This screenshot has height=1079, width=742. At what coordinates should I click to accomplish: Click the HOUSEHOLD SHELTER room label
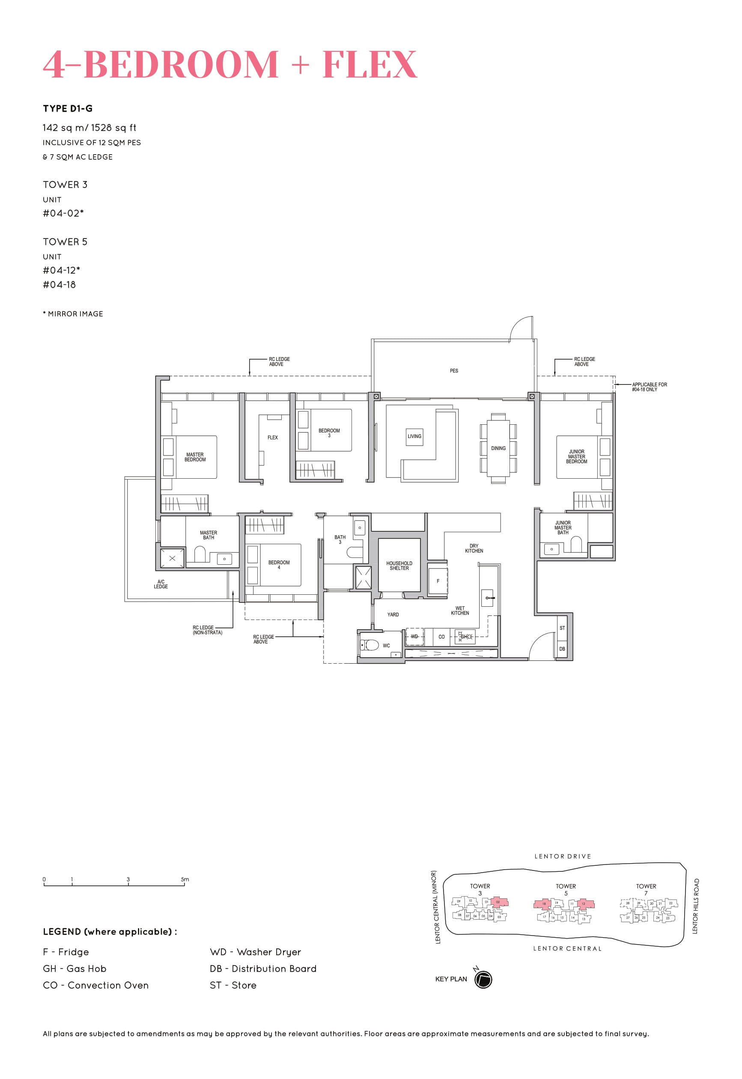(399, 565)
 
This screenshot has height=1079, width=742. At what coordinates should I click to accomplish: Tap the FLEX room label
(272, 438)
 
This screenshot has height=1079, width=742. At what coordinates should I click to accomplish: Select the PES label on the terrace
(454, 370)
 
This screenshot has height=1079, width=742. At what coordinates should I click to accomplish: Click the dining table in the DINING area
(498, 448)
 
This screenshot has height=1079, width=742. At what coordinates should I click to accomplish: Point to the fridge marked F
(438, 581)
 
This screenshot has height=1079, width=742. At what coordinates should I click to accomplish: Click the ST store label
(562, 628)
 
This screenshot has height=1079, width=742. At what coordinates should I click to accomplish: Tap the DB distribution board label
(562, 649)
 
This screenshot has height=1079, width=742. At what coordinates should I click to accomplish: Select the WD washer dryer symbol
(414, 636)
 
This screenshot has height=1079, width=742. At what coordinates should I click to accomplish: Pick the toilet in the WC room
(371, 645)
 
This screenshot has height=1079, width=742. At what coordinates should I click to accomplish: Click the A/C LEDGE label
(161, 584)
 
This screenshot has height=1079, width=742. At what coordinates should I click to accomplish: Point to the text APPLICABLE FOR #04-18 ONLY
(649, 387)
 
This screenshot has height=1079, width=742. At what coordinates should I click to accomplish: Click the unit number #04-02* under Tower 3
(63, 213)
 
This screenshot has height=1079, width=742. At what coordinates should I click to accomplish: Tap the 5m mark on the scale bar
(185, 879)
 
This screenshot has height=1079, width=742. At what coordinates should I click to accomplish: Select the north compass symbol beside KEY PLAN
(483, 979)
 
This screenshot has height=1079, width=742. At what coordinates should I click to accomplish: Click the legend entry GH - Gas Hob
(74, 969)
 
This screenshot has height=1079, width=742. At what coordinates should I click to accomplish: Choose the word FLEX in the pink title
(370, 64)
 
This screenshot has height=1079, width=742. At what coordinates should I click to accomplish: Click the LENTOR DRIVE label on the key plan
(563, 856)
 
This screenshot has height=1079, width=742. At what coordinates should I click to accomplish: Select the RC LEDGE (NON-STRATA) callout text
(207, 630)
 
